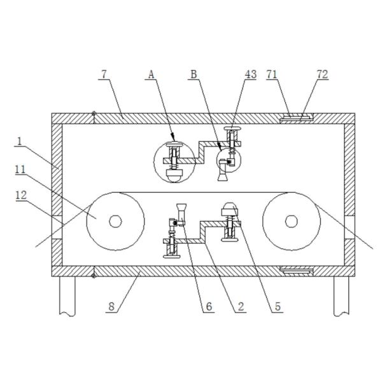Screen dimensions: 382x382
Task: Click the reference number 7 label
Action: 104,74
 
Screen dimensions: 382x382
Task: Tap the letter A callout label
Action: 152,74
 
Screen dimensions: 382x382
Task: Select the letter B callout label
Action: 194,74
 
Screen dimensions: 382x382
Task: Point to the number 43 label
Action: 251,74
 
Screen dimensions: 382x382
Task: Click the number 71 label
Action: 272,74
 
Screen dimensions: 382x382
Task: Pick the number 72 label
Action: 322,74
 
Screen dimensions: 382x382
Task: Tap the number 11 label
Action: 20,169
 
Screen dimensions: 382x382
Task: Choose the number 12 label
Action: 21,195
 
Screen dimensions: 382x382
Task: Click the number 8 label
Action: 111,307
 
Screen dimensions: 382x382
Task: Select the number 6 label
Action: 209,307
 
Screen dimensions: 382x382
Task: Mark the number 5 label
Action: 278,307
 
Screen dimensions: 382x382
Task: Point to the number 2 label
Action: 241,307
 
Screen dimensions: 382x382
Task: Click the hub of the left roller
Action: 115,222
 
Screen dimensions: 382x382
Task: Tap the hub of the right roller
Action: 292,221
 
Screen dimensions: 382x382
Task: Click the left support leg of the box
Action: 67,296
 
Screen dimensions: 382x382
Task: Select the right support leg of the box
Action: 341,296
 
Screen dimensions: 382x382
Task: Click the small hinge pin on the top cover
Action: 94,113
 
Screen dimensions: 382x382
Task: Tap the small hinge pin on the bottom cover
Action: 94,276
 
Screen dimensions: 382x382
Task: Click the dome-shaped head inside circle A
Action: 174,176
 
